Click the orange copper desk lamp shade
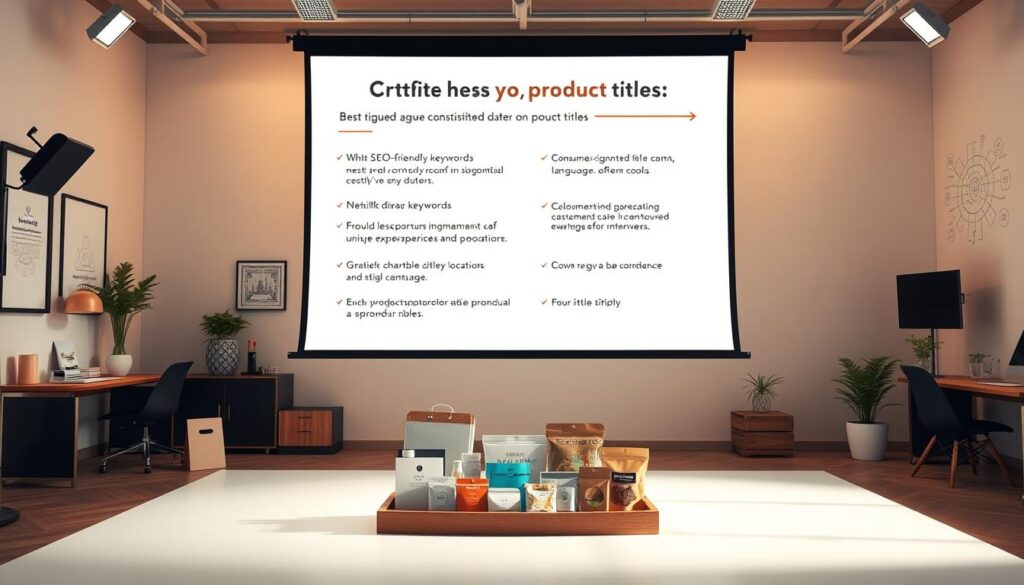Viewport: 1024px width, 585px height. [x=84, y=302]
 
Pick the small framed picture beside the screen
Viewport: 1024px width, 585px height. [x=261, y=285]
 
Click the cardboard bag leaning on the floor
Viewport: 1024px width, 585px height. [x=205, y=444]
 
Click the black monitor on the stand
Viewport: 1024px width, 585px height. [x=929, y=300]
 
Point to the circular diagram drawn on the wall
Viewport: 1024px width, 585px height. [x=976, y=188]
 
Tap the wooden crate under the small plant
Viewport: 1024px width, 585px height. [x=762, y=433]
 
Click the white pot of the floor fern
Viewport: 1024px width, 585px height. [x=866, y=441]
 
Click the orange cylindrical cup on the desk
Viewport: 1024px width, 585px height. [x=27, y=369]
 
